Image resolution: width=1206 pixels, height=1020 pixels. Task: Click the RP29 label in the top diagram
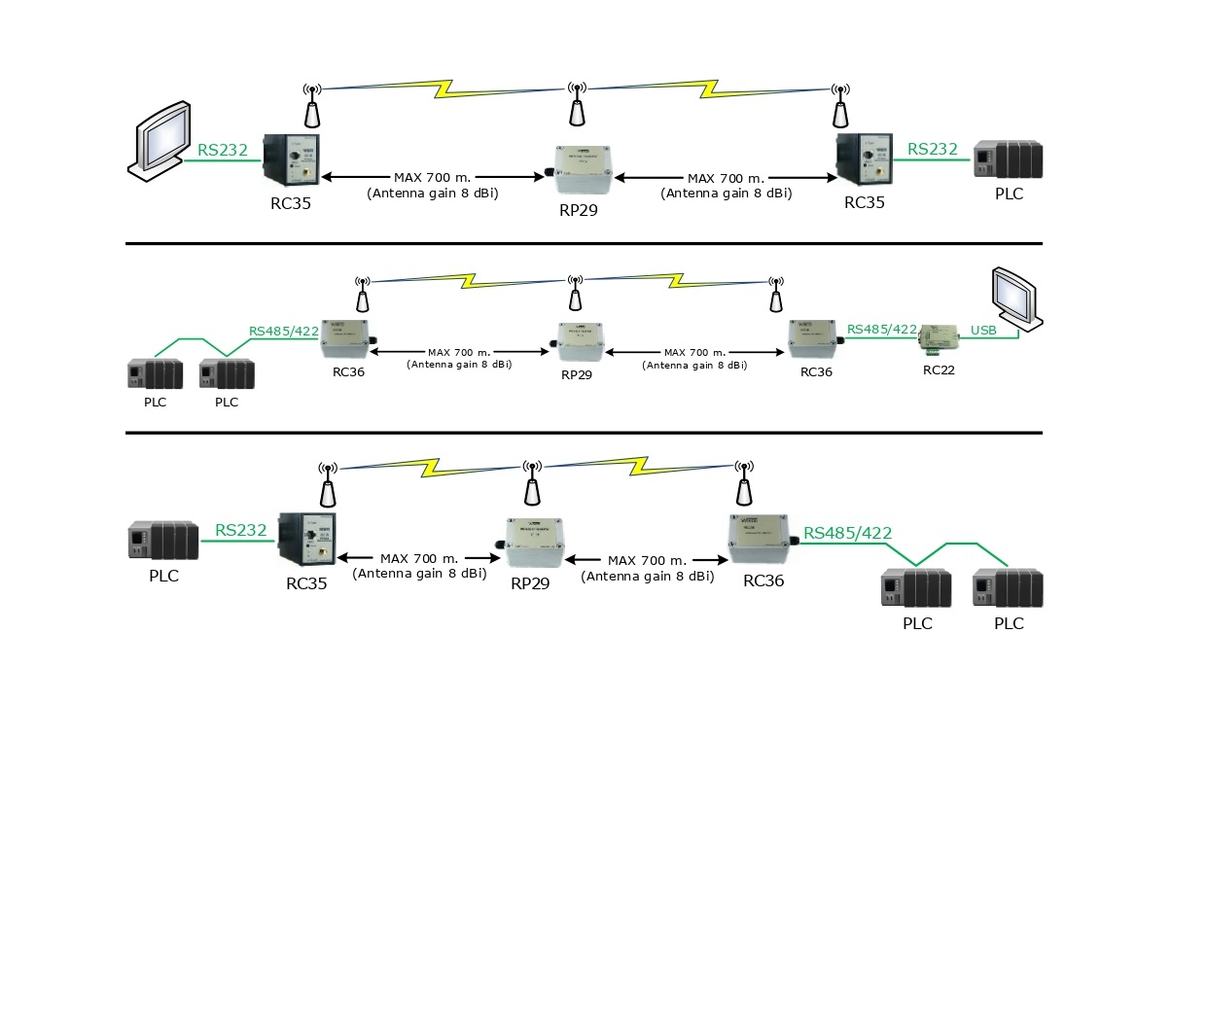578,210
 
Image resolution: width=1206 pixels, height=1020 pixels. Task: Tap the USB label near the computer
983,331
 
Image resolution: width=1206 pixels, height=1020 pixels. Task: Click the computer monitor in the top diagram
160,139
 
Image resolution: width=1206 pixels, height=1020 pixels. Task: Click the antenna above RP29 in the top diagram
577,104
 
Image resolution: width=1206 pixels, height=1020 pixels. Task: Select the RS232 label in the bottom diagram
240,530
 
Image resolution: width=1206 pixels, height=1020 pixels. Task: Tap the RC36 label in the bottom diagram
763,580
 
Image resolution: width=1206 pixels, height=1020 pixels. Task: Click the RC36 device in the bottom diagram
762,540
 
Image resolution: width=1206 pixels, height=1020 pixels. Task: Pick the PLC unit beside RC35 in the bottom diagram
163,541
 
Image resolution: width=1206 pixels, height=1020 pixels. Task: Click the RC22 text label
939,370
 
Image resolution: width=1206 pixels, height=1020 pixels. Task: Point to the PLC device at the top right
1009,159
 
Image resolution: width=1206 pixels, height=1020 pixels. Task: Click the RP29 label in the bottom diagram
530,583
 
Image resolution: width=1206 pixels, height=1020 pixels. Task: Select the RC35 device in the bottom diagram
306,538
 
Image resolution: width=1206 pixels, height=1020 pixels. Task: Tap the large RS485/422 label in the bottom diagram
847,533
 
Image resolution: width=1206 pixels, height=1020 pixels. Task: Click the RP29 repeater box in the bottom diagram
534,543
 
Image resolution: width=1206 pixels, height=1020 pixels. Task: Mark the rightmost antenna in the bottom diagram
744,483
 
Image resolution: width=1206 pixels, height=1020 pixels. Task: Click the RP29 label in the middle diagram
577,374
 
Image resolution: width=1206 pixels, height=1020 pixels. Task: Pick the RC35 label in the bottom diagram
306,583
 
